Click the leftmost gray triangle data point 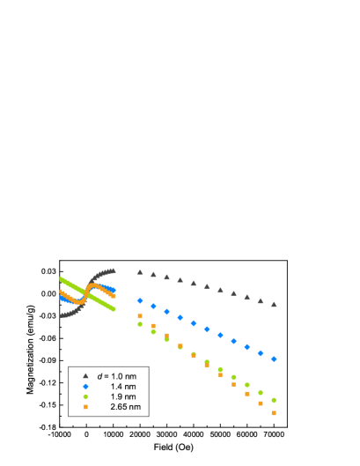click(140, 272)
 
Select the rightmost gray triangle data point click(274, 304)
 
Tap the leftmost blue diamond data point click(140, 300)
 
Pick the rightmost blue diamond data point click(274, 359)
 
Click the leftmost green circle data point click(140, 324)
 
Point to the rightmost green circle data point click(274, 400)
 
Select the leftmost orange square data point click(140, 315)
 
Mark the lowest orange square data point click(274, 412)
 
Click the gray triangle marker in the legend click(85, 376)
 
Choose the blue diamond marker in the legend click(85, 387)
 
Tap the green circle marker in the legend click(85, 396)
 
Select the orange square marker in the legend click(85, 407)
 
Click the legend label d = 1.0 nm click(117, 376)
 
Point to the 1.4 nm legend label click(123, 387)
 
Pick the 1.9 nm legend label click(123, 396)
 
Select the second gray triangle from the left click(153, 274)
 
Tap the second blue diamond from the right click(261, 352)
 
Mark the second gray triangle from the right click(261, 300)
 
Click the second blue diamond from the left click(153, 306)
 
